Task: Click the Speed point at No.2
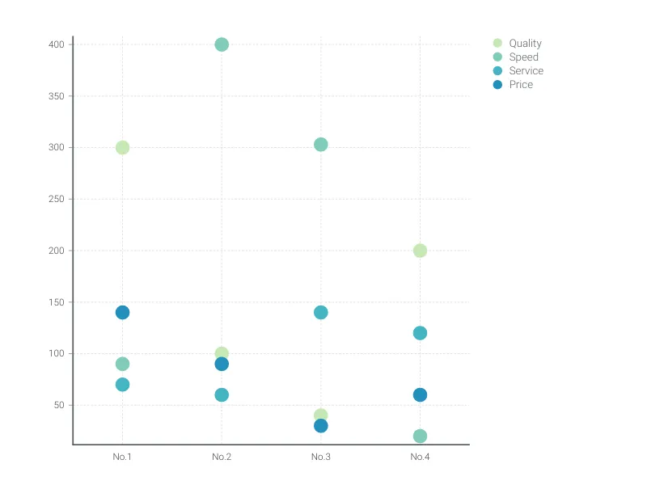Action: point(222,44)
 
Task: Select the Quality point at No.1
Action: point(122,147)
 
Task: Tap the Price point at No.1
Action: point(122,312)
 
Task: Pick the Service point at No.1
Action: point(122,384)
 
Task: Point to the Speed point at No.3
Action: point(320,145)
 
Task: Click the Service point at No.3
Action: point(320,312)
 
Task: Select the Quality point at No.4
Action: point(420,251)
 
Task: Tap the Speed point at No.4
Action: point(420,436)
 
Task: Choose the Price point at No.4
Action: point(420,394)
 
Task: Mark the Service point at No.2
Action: point(222,394)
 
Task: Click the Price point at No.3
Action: point(320,425)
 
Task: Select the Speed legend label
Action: point(523,57)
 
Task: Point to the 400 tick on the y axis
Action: point(56,44)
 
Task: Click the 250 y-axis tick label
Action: point(56,199)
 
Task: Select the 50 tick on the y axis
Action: point(58,405)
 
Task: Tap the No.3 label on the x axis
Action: point(320,457)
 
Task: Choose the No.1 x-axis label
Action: point(122,457)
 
